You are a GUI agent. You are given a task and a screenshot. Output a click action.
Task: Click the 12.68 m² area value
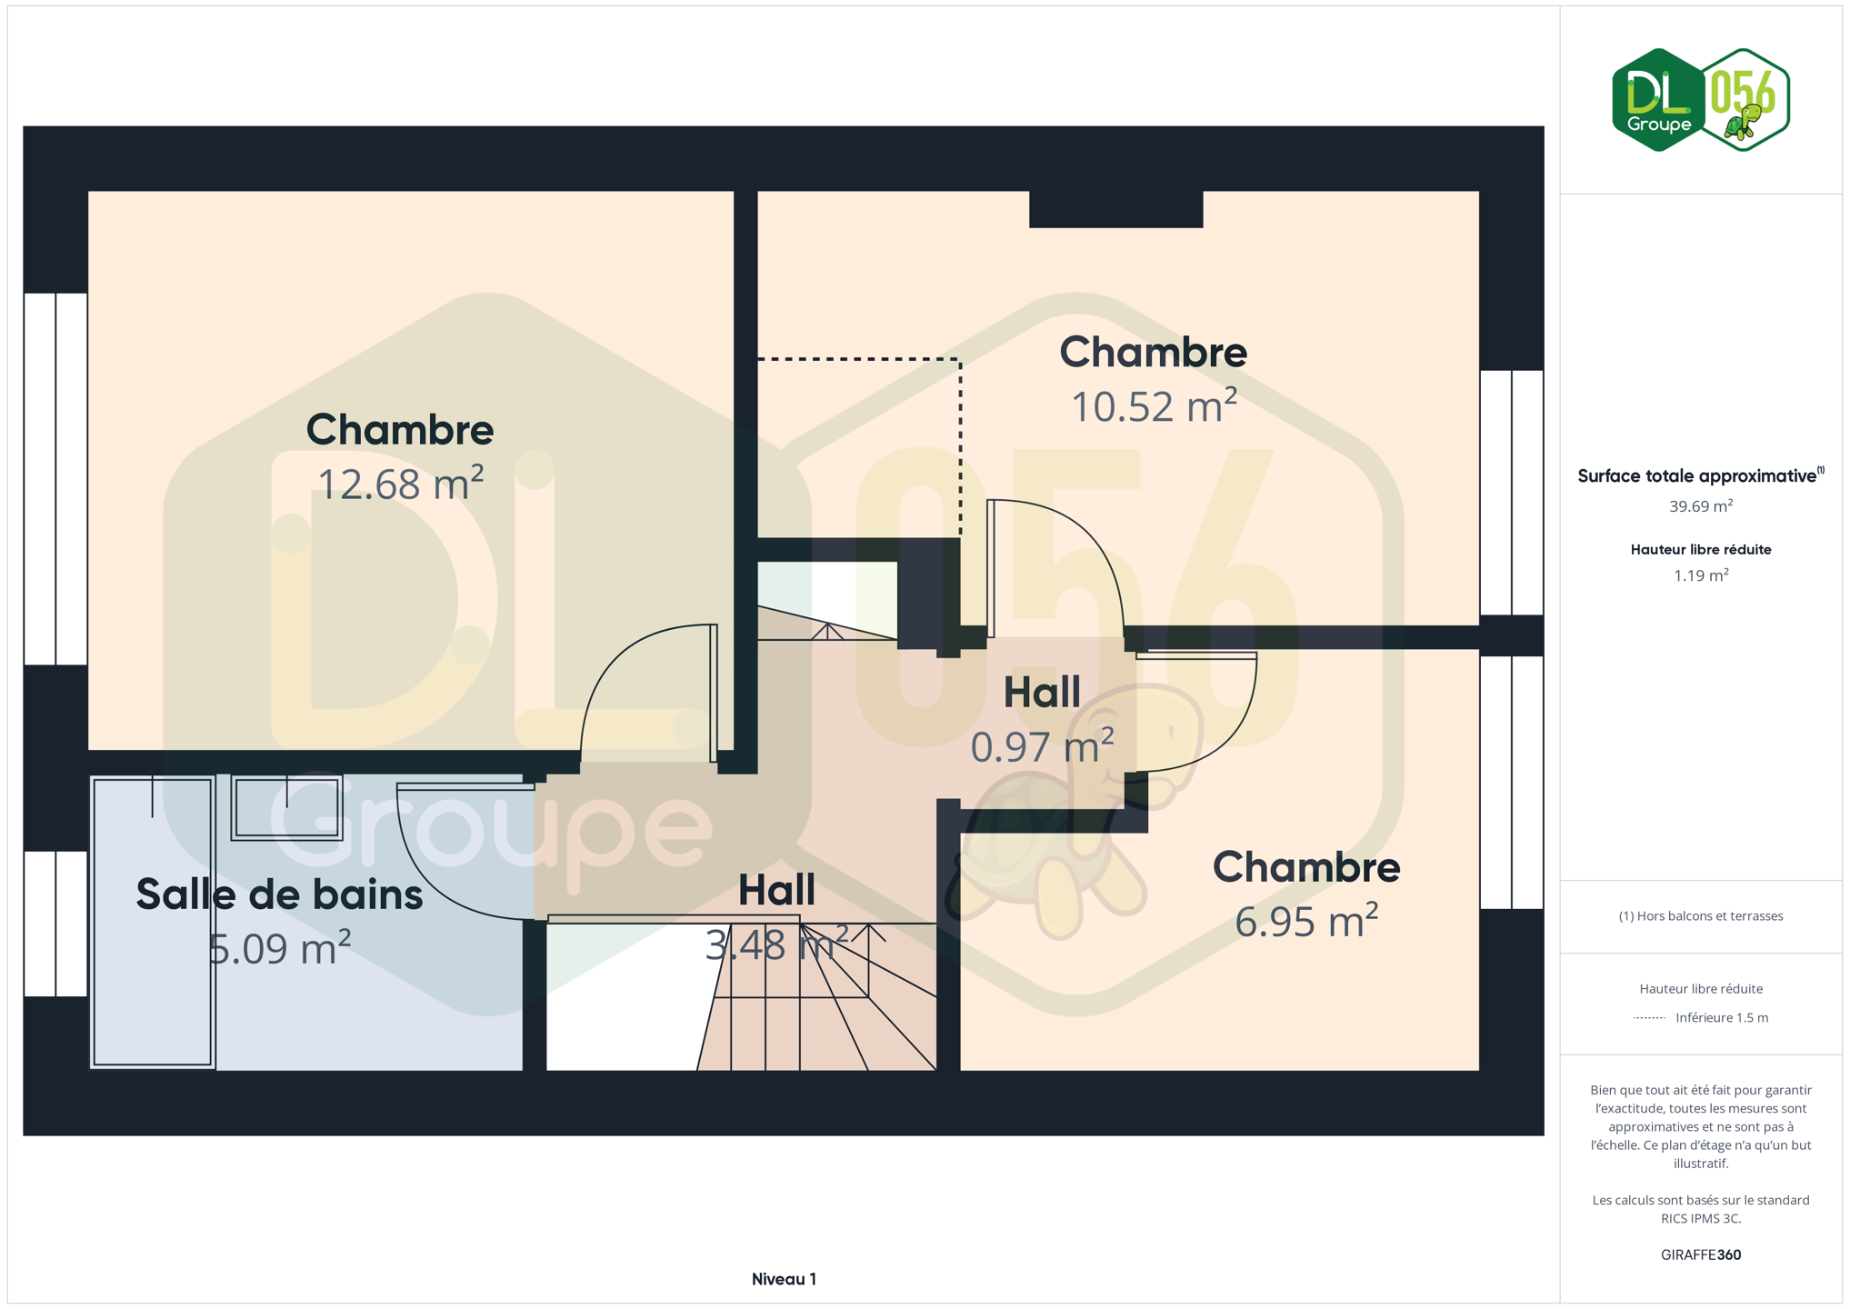[400, 483]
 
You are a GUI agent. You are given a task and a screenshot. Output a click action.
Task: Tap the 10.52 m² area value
[1154, 405]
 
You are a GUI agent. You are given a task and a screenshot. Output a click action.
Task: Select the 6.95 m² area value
[1306, 920]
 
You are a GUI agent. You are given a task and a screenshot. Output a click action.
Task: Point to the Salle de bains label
[279, 894]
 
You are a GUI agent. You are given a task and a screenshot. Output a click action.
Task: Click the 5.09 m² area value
[279, 948]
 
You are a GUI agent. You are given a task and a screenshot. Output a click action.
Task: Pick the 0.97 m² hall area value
[1042, 746]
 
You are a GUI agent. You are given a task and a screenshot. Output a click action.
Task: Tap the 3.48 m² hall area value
[777, 944]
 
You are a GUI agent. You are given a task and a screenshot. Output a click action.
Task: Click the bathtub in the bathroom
[153, 921]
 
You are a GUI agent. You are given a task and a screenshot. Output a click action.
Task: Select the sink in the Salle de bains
[286, 807]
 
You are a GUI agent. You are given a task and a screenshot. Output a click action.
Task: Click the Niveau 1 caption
[784, 1279]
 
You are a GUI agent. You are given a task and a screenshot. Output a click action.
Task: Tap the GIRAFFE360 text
[1700, 1254]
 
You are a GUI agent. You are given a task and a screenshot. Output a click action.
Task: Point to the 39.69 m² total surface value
[1700, 505]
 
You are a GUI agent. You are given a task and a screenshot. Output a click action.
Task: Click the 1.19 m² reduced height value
[1700, 575]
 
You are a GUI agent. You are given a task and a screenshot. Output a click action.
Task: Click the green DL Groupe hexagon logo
[1658, 100]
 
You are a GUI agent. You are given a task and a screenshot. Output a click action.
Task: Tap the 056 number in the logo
[1742, 92]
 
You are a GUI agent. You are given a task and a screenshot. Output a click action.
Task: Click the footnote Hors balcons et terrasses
[1700, 915]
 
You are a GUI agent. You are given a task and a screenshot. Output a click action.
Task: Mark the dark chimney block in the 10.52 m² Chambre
[1115, 209]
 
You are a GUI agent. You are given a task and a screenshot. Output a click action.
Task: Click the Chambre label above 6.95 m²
[1306, 867]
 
